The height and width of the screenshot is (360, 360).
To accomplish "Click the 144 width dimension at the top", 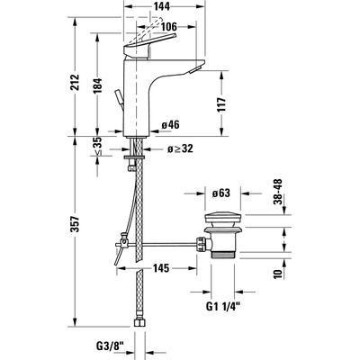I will (162, 6).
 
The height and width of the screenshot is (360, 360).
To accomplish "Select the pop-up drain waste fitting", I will (220, 236).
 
